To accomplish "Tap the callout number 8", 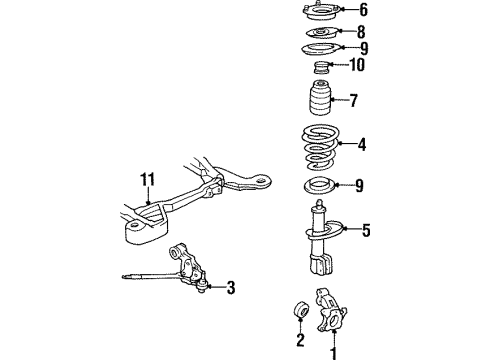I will point(363,32).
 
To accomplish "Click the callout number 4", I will point(362,144).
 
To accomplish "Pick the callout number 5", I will point(366,231).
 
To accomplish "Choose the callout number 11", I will point(149,180).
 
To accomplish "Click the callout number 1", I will point(334,351).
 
